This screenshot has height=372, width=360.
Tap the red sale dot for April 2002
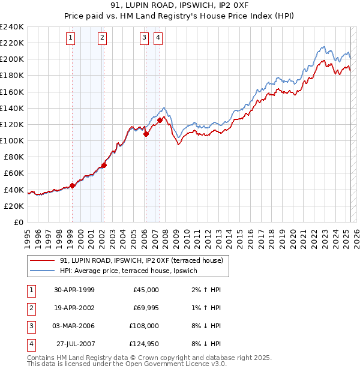click(x=104, y=165)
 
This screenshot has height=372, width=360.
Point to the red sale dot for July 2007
click(x=160, y=120)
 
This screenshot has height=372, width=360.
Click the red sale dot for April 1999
click(x=73, y=185)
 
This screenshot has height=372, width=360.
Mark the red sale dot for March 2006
click(x=146, y=134)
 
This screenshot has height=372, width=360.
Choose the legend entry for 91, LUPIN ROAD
click(x=141, y=260)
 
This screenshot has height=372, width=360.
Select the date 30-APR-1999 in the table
click(x=74, y=290)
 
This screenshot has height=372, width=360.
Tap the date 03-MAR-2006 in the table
click(x=74, y=326)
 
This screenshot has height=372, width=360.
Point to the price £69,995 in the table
click(x=146, y=308)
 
